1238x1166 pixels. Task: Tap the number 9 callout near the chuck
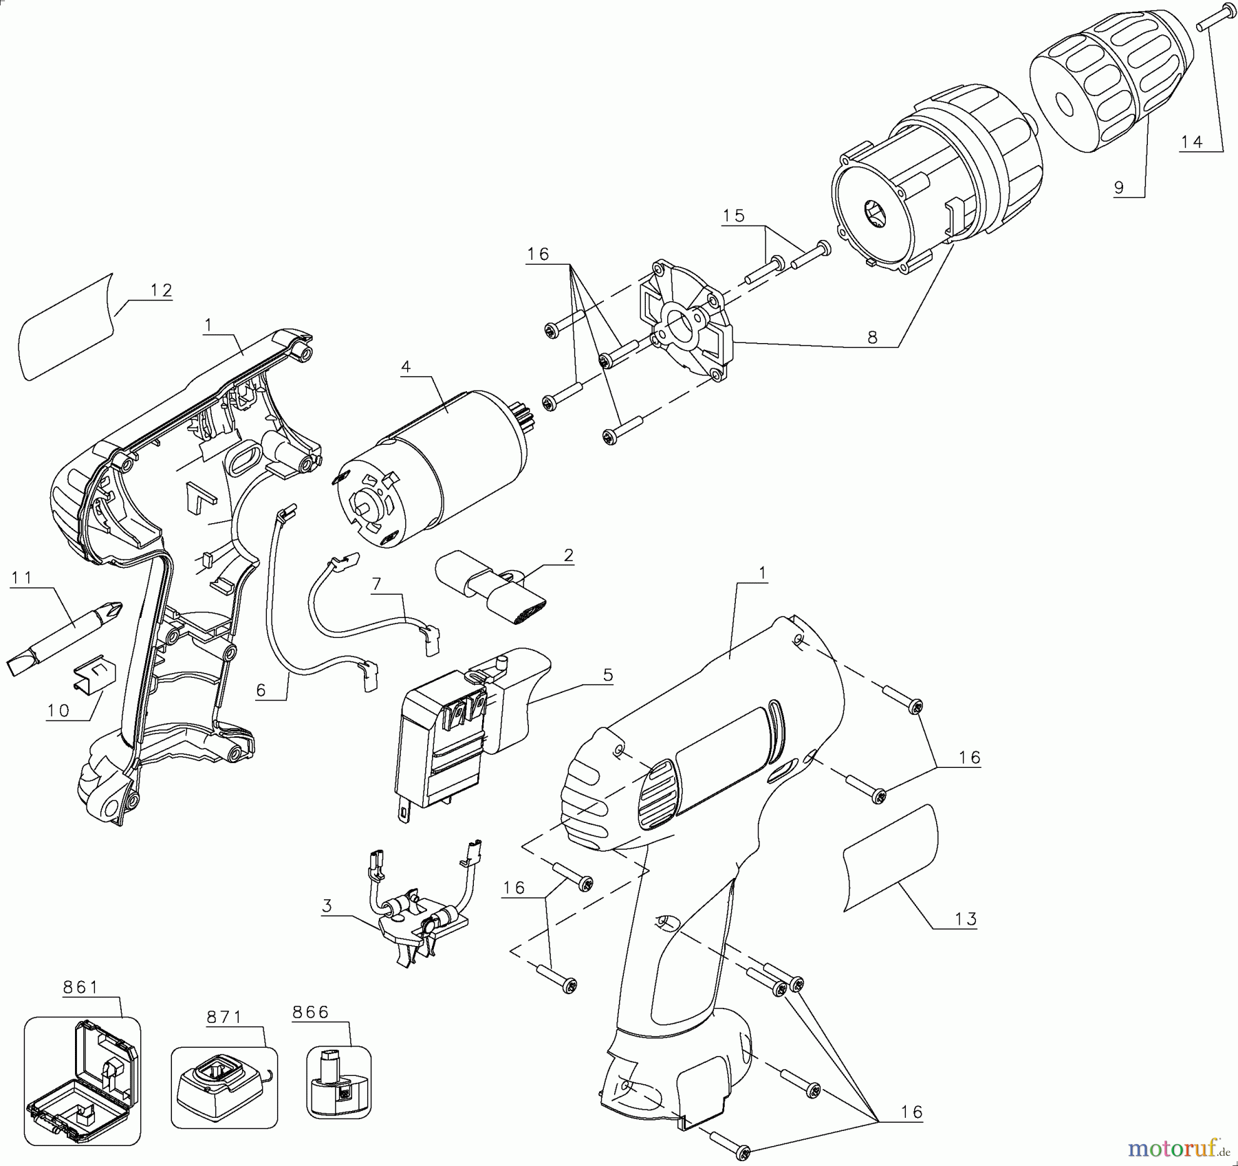pyautogui.click(x=1119, y=186)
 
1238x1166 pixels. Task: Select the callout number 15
pyautogui.click(x=734, y=216)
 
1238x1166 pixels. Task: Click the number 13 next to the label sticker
pyautogui.click(x=966, y=918)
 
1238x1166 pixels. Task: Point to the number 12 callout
pyautogui.click(x=160, y=290)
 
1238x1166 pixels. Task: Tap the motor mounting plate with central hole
pyautogui.click(x=684, y=323)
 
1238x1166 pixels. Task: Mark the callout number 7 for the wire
pyautogui.click(x=376, y=584)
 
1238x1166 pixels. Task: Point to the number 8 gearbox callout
pyautogui.click(x=873, y=338)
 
